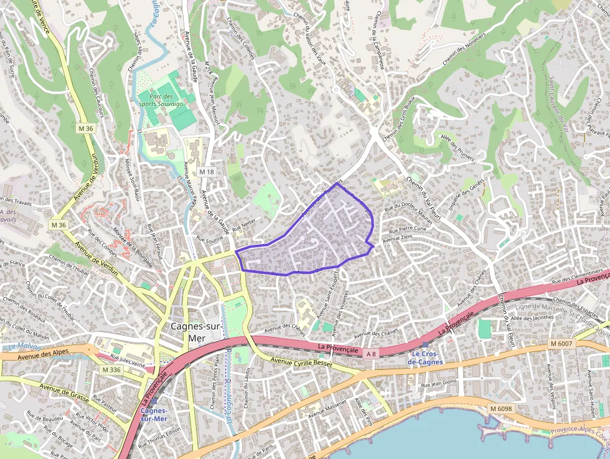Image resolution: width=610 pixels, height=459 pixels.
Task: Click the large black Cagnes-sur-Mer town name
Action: (x=196, y=331)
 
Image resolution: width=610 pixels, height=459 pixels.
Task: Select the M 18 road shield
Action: (x=207, y=171)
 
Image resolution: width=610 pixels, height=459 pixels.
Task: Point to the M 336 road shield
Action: (x=111, y=370)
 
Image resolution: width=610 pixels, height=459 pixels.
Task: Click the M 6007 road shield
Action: (x=561, y=343)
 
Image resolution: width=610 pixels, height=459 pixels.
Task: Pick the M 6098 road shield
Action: (x=500, y=408)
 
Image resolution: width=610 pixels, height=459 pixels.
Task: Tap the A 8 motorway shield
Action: (x=371, y=354)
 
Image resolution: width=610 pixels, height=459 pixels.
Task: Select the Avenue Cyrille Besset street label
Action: (x=302, y=361)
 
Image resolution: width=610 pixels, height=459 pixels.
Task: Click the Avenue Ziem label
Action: (x=398, y=238)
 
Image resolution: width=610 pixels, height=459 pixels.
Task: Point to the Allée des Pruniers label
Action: (x=457, y=148)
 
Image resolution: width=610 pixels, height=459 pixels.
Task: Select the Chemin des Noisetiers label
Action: (x=464, y=49)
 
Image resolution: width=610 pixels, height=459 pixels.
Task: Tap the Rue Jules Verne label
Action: (x=128, y=359)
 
